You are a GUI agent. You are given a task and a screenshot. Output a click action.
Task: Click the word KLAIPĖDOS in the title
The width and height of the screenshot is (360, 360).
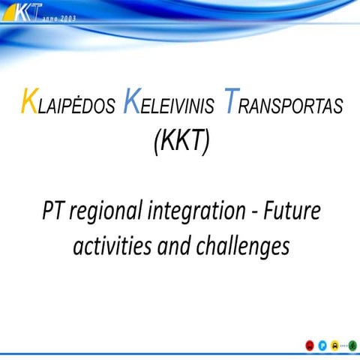(x=67, y=105)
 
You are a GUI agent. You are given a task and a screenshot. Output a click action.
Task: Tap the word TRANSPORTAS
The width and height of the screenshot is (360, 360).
(x=285, y=105)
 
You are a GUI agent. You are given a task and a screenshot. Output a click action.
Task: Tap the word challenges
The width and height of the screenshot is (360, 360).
(x=244, y=247)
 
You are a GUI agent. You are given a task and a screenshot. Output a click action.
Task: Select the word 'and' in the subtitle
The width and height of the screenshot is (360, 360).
(x=178, y=245)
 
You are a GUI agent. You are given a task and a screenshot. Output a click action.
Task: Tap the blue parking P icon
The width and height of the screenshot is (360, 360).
(x=322, y=344)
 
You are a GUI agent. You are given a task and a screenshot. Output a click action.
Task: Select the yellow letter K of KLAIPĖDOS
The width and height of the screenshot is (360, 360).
(x=28, y=103)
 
